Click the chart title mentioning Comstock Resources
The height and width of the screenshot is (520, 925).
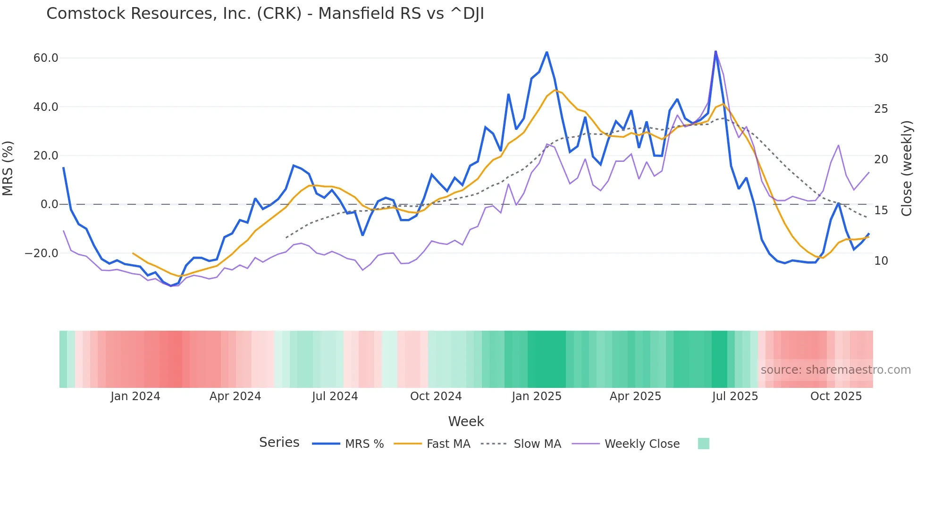[x=265, y=14]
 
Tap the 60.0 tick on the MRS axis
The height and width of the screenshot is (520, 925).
[x=46, y=58]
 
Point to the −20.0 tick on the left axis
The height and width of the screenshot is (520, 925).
[x=42, y=253]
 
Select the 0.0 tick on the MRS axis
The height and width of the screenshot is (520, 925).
[x=50, y=204]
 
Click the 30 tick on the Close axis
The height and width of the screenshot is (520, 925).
[x=881, y=58]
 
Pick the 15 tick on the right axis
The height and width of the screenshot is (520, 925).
[x=881, y=210]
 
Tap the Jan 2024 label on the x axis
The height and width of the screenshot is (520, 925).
[x=135, y=396]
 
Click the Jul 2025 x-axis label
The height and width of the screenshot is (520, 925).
[x=735, y=396]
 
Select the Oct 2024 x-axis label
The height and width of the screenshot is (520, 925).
[x=436, y=396]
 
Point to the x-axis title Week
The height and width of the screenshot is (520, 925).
[x=466, y=421]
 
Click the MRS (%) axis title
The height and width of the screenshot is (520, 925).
[x=8, y=168]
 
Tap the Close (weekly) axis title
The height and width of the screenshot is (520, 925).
[x=906, y=168]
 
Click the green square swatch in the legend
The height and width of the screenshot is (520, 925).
[x=703, y=444]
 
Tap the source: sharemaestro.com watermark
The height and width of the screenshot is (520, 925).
[x=835, y=370]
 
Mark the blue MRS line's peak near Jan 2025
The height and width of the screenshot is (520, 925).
[x=547, y=52]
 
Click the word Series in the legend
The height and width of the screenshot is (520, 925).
[x=279, y=443]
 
